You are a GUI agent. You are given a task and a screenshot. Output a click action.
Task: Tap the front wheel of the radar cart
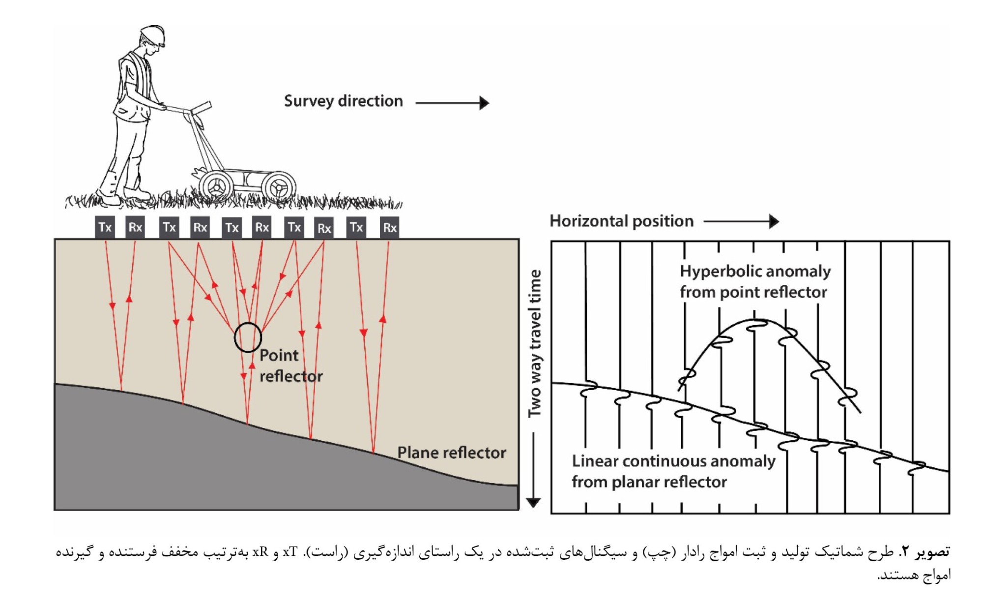[x=279, y=187]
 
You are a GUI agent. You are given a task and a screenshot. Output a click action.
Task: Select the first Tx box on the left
[x=105, y=227]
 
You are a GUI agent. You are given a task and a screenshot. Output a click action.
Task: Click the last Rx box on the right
[x=389, y=228]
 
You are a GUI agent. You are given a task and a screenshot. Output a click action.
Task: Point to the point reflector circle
[x=248, y=337]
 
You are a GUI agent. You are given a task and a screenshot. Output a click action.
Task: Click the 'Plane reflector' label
[x=451, y=453]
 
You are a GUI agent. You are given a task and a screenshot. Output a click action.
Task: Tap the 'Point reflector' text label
[x=290, y=366]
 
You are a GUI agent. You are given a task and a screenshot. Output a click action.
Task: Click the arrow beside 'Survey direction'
[x=452, y=103]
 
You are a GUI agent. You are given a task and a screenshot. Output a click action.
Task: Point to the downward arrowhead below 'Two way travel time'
[x=533, y=502]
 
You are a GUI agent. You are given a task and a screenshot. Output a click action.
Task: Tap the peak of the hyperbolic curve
[x=755, y=320]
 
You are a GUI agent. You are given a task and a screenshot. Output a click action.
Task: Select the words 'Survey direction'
[x=343, y=101]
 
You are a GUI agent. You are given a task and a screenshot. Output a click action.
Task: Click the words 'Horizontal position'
[x=621, y=221]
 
